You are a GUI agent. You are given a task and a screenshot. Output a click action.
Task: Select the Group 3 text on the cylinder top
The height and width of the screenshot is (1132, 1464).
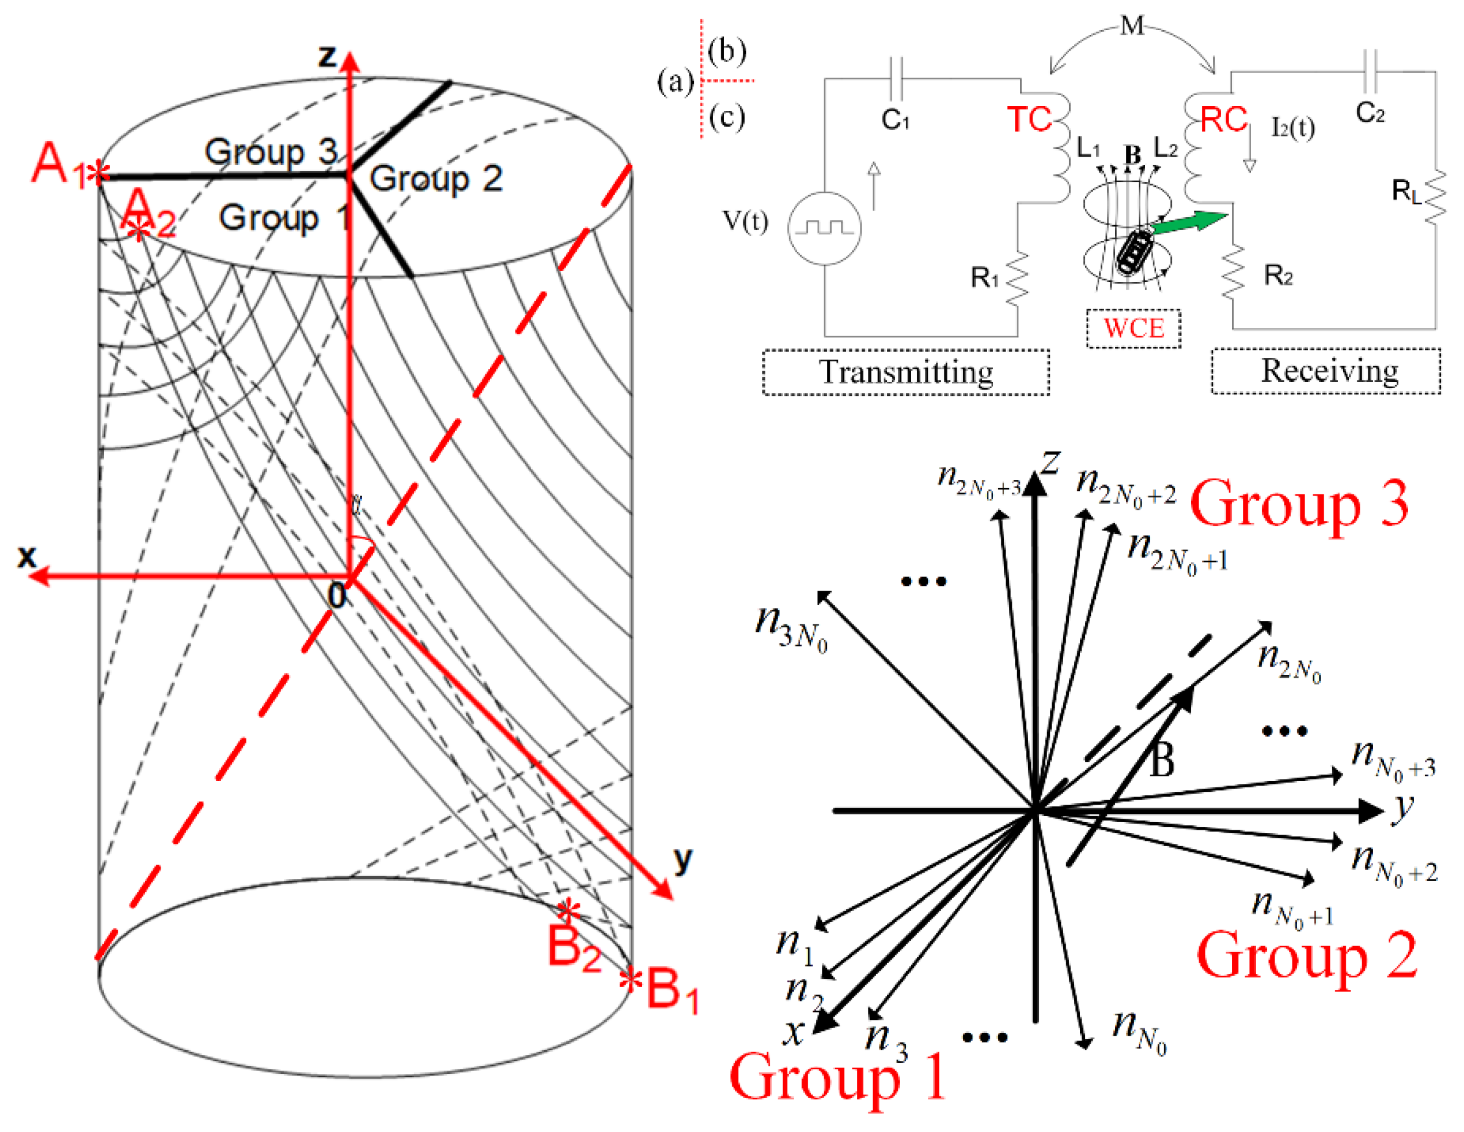(x=271, y=152)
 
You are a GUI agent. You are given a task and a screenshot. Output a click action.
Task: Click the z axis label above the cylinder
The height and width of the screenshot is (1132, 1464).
(x=327, y=56)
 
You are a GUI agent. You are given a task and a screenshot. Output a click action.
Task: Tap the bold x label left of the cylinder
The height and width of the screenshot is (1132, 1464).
(x=27, y=556)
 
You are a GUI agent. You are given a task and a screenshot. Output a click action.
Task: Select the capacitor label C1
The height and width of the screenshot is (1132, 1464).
(x=895, y=120)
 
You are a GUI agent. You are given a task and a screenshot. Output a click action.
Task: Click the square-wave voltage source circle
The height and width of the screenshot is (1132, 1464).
(x=824, y=227)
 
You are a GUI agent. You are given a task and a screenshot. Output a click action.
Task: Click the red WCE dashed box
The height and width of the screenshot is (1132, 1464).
(x=1134, y=328)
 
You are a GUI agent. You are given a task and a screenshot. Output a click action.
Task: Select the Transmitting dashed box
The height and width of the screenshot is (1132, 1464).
(x=906, y=372)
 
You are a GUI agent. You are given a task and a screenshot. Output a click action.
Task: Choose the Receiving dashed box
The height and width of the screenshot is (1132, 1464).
(x=1325, y=371)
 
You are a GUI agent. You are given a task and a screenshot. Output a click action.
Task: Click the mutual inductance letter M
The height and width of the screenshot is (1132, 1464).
(x=1132, y=26)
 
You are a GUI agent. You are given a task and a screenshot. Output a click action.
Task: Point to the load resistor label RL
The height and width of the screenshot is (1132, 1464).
(x=1405, y=192)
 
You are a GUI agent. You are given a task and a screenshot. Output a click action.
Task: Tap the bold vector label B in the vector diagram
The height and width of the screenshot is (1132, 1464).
(x=1162, y=761)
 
